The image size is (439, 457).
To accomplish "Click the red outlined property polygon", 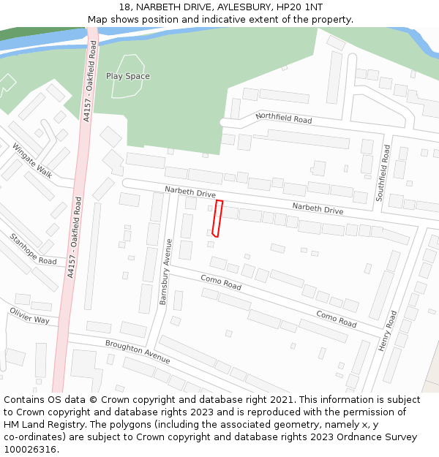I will coord(217,219).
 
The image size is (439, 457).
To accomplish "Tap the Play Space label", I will coord(128,76).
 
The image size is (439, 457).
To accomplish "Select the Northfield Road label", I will coord(283,118).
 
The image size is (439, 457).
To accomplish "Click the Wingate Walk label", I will coord(32,160).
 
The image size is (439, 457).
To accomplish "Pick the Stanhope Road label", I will coord(33,249).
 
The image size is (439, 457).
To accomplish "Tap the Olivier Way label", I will coord(29,315).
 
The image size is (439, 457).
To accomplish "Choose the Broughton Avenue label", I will coord(138,352).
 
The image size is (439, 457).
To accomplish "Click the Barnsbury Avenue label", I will coord(165,271).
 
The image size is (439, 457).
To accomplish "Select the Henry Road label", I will coord(387,331).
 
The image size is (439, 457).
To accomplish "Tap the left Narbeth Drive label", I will coord(190,192).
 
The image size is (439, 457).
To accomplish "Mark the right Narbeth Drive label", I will coord(318,208).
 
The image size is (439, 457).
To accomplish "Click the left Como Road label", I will coord(220,282).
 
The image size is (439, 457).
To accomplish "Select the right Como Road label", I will coord(336,318).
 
